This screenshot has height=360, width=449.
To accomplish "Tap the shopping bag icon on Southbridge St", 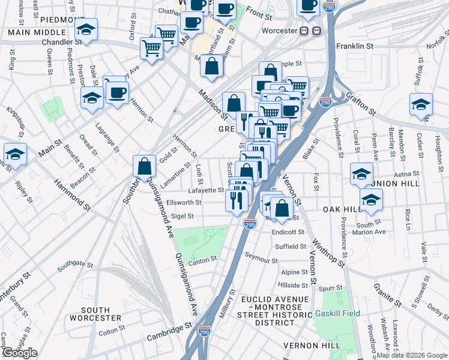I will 145,166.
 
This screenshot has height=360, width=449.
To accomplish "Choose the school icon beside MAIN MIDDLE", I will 86,30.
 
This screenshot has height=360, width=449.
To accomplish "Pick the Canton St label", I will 202,262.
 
